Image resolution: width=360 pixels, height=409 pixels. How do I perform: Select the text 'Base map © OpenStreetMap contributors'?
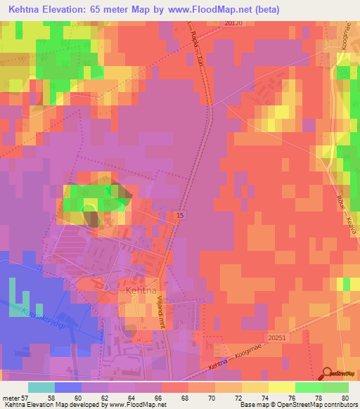pos(298,405)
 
